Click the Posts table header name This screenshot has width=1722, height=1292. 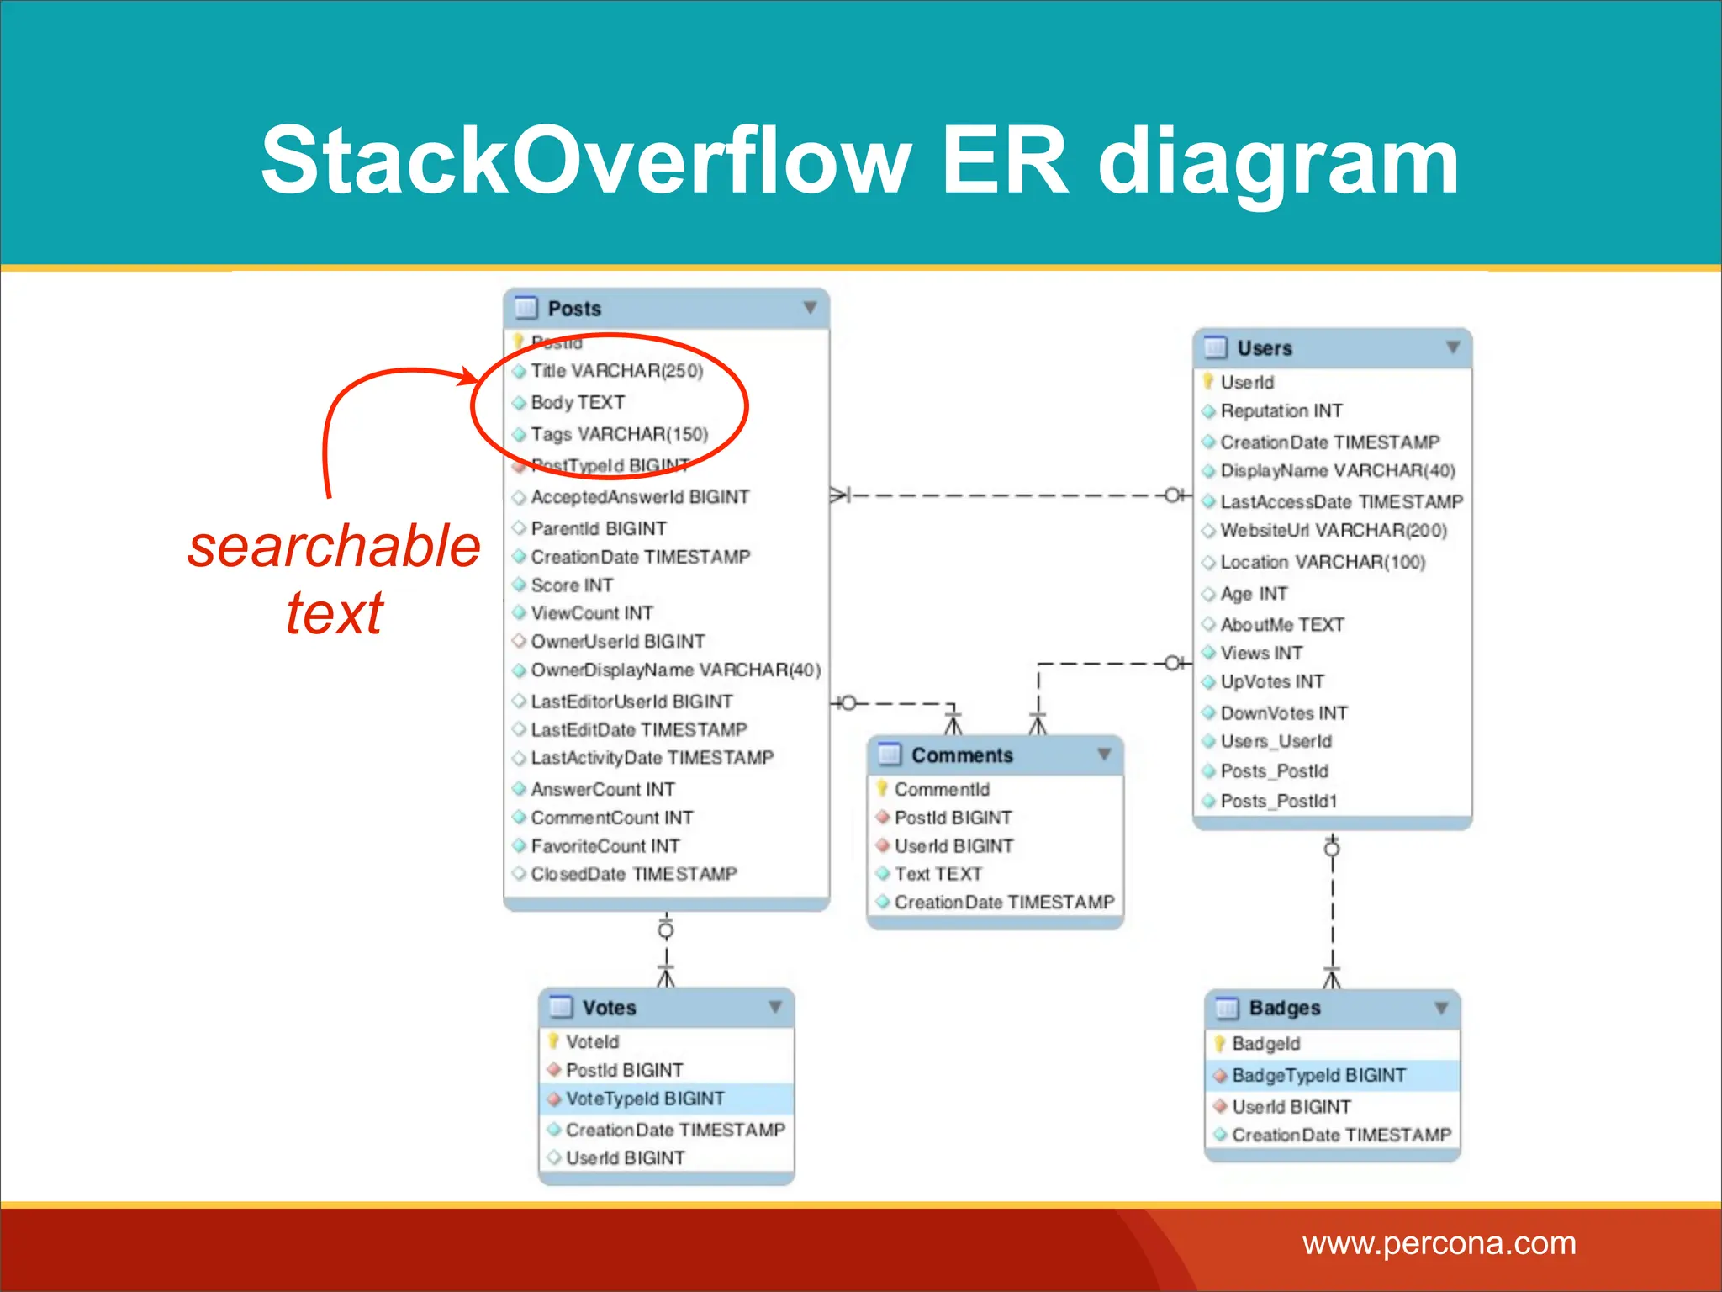coord(574,309)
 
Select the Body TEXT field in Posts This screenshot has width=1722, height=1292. coord(578,403)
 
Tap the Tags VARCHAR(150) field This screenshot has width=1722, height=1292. coord(619,434)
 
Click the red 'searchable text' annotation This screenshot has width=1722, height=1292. coord(334,579)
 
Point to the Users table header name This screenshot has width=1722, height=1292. coord(1264,348)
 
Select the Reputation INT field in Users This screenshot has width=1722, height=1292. coord(1281,411)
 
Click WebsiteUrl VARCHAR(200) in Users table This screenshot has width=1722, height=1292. coord(1333,531)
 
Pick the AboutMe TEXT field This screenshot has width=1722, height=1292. coord(1281,624)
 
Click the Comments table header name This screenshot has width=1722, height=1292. coord(962,755)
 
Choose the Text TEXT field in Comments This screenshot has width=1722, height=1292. coord(938,874)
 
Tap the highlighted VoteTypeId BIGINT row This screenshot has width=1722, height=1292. coord(645,1099)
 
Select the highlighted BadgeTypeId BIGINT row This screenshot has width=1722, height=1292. coord(1318,1075)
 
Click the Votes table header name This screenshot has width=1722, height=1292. coord(609,1008)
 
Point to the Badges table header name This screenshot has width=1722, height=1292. coord(1284,1008)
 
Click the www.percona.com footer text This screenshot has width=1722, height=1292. coord(1439,1243)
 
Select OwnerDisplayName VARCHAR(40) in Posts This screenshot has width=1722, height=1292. coord(675,670)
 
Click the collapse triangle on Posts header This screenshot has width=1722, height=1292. coord(810,308)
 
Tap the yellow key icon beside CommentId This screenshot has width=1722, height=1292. coord(882,788)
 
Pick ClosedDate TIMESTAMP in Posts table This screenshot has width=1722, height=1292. coord(633,874)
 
